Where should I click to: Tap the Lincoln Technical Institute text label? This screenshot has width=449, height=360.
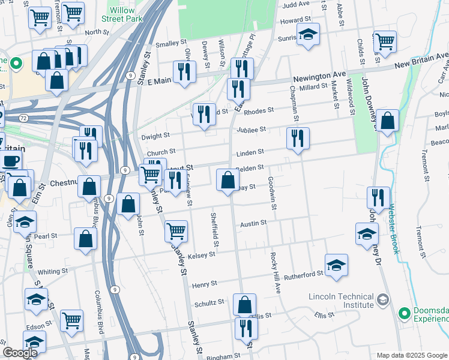(340, 301)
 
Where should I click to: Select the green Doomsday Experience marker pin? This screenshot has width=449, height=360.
(405, 313)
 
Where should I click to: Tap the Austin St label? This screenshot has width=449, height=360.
(253, 223)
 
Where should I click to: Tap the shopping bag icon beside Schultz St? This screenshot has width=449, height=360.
(245, 305)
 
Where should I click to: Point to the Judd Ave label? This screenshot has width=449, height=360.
(295, 4)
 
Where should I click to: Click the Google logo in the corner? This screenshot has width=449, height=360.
(20, 353)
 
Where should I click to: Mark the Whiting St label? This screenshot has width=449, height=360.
(53, 272)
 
